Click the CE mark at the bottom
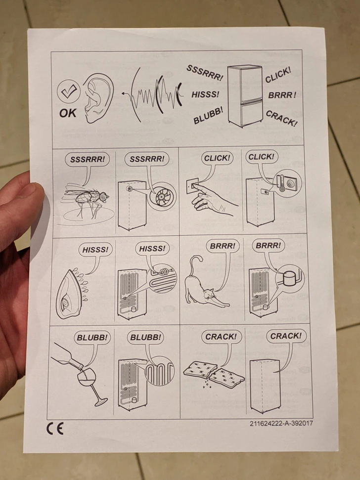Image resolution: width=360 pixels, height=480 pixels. [x=55, y=428]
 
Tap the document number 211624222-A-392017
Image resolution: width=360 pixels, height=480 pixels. [x=281, y=423]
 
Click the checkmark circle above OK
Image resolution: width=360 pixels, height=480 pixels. [x=69, y=91]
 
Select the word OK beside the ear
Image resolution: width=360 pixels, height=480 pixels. [x=68, y=113]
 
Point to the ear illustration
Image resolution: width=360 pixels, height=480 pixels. [x=97, y=98]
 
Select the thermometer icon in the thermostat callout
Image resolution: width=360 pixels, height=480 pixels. [x=282, y=183]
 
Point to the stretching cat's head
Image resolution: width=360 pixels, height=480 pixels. [x=209, y=295]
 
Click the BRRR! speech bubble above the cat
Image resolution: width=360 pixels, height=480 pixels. [x=223, y=246]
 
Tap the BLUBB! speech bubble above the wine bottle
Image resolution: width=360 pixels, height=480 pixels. [x=92, y=338]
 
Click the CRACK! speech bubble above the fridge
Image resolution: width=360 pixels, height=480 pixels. [x=286, y=336]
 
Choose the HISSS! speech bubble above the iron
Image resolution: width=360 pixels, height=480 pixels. [x=95, y=250]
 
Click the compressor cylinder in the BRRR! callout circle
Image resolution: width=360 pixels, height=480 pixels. [x=288, y=279]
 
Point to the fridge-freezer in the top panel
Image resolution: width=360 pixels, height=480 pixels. [x=245, y=95]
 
